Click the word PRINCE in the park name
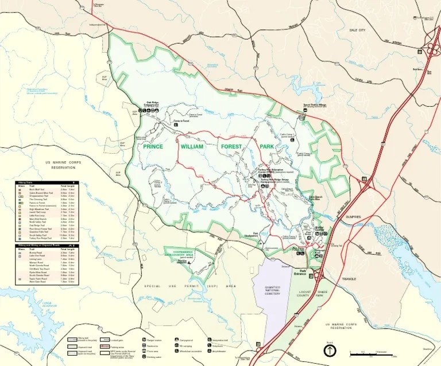[153, 147]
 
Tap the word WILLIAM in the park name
[192, 147]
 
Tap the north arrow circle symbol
[330, 351]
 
